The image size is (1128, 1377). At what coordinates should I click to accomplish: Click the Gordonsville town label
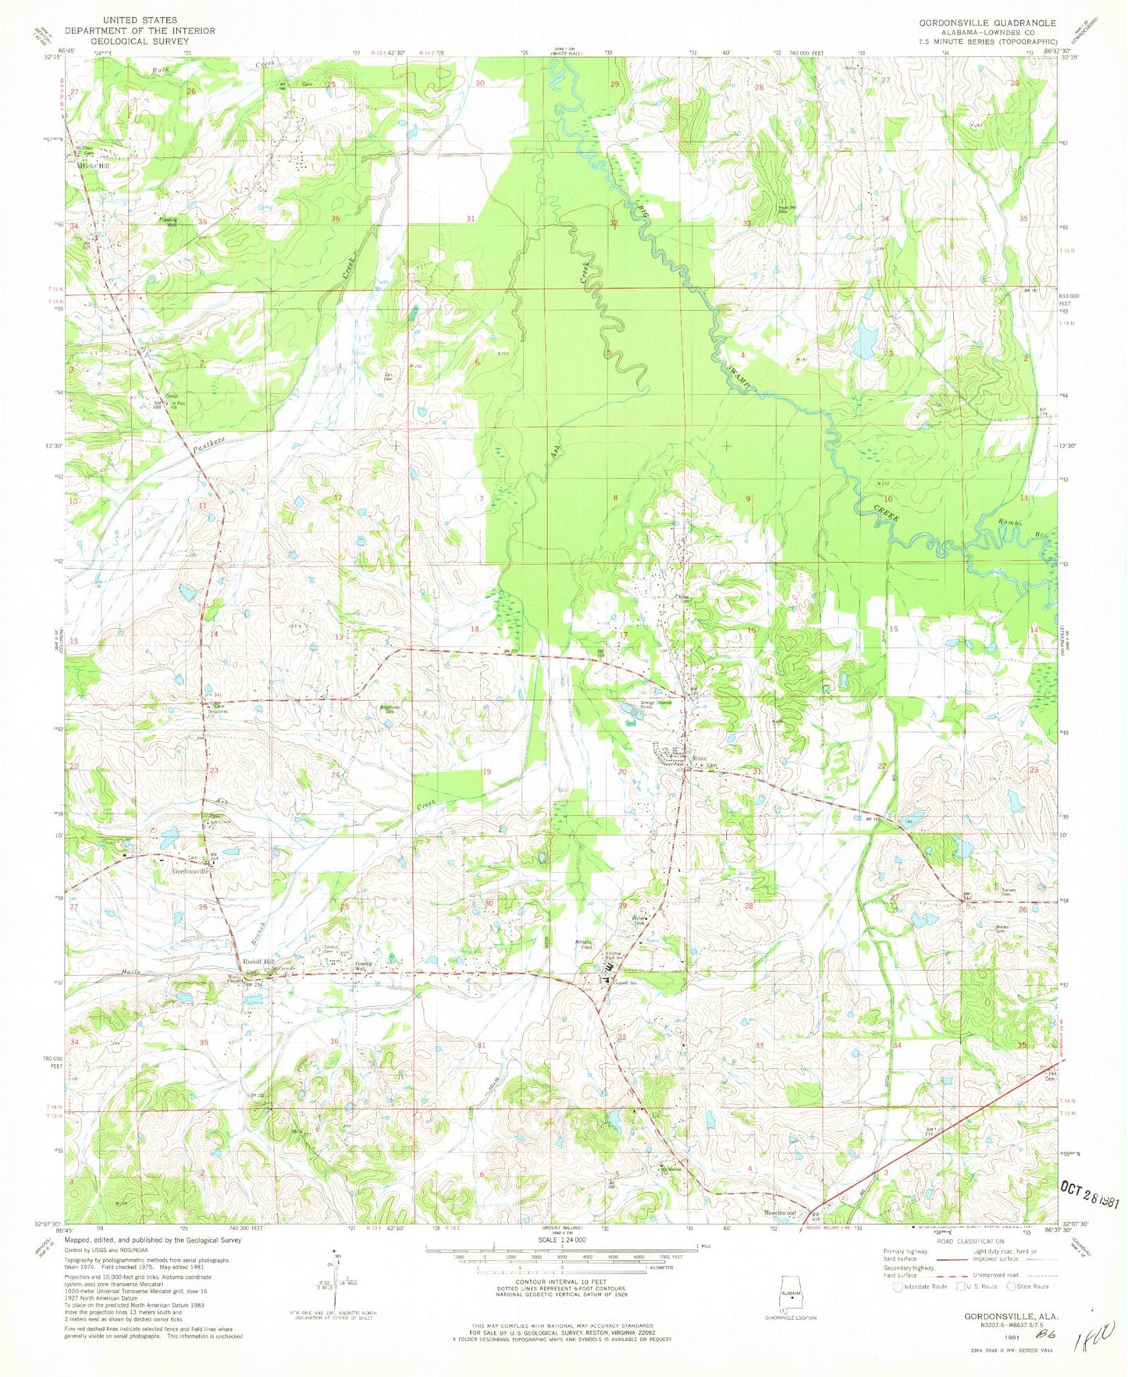coord(190,871)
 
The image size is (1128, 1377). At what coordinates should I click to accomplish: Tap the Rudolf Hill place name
coord(258,962)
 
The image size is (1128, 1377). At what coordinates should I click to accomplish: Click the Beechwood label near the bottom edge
coord(780,1213)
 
